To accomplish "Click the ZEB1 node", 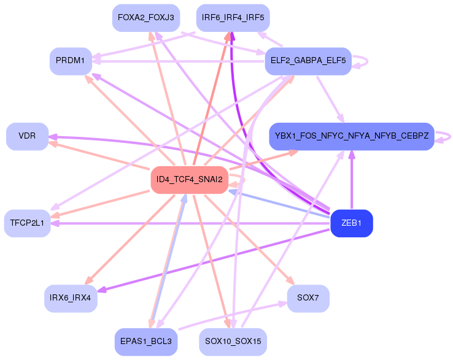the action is [x=351, y=223].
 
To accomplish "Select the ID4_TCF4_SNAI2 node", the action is [x=189, y=180].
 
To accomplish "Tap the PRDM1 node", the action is [x=71, y=61].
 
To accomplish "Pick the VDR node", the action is [x=27, y=136].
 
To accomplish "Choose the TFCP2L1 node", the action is [x=27, y=223].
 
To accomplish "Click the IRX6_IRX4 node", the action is [x=71, y=298].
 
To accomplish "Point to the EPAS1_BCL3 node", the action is [x=146, y=342].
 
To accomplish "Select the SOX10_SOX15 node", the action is [x=233, y=342].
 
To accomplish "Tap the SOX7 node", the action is [x=308, y=298].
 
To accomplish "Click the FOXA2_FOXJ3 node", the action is [x=146, y=18].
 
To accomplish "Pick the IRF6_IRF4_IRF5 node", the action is [x=233, y=18].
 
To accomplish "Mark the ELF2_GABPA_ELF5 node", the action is [x=308, y=61].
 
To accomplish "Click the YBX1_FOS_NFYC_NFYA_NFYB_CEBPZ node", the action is [x=351, y=136].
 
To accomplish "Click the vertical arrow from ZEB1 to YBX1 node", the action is [x=352, y=180].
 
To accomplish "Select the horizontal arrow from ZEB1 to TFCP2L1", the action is [x=190, y=223].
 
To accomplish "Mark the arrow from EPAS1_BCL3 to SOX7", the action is [x=233, y=315].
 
